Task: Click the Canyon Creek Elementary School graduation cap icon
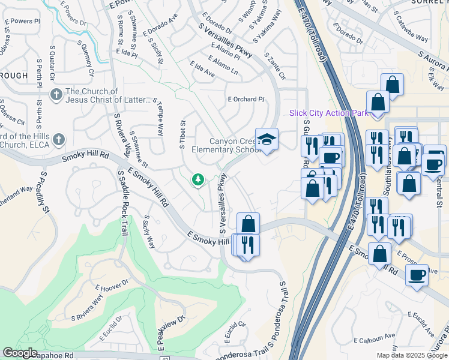point(267,140)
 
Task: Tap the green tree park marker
point(197,179)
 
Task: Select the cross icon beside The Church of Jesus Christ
point(56,95)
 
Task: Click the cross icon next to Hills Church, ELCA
point(58,140)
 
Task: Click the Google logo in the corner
point(20,352)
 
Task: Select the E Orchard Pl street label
point(246,99)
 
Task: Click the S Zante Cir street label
point(274,67)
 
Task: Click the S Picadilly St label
point(42,192)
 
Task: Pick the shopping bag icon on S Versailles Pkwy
point(248,224)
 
